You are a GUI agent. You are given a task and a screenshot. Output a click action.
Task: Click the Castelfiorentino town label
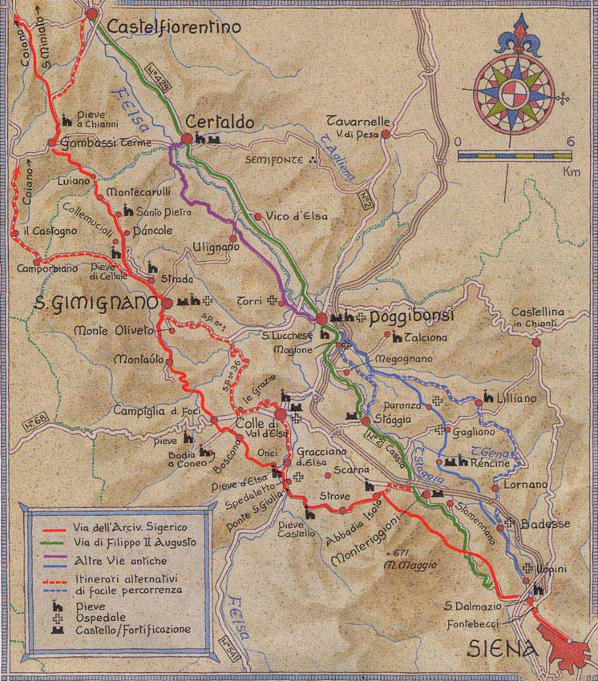click(x=174, y=27)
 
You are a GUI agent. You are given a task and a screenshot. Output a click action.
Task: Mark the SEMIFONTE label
click(x=275, y=159)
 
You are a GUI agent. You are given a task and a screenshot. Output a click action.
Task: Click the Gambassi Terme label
click(x=99, y=143)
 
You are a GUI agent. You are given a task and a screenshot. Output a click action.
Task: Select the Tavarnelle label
click(x=358, y=121)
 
